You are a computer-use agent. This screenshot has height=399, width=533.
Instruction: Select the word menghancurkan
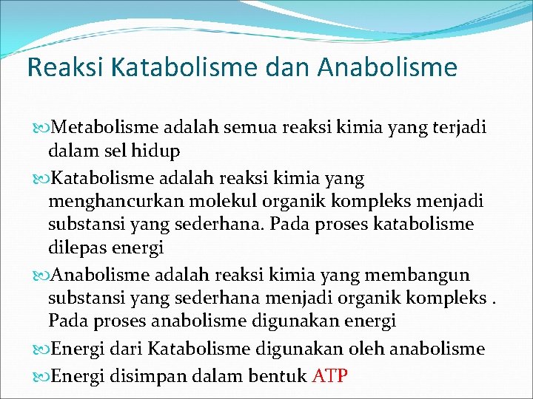106,202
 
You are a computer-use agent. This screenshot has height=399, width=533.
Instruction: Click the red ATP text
329,375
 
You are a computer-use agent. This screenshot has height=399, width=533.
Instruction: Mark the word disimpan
141,375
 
